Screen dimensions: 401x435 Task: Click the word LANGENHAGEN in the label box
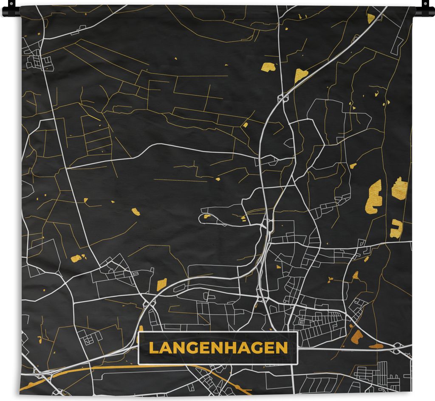click(x=218, y=348)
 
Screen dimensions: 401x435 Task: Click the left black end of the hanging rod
click(x=9, y=11)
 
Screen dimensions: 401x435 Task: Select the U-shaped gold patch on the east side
click(x=396, y=229)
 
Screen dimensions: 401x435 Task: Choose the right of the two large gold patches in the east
click(x=399, y=189)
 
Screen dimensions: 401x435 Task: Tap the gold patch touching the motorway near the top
click(x=301, y=75)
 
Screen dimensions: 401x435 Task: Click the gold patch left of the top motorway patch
click(x=268, y=67)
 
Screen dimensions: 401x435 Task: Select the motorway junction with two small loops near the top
click(x=283, y=98)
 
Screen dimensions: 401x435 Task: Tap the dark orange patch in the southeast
click(x=358, y=336)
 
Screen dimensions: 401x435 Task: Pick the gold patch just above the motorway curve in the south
click(x=161, y=284)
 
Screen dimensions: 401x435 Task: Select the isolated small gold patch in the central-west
click(x=136, y=211)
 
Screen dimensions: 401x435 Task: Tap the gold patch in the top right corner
click(x=371, y=18)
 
